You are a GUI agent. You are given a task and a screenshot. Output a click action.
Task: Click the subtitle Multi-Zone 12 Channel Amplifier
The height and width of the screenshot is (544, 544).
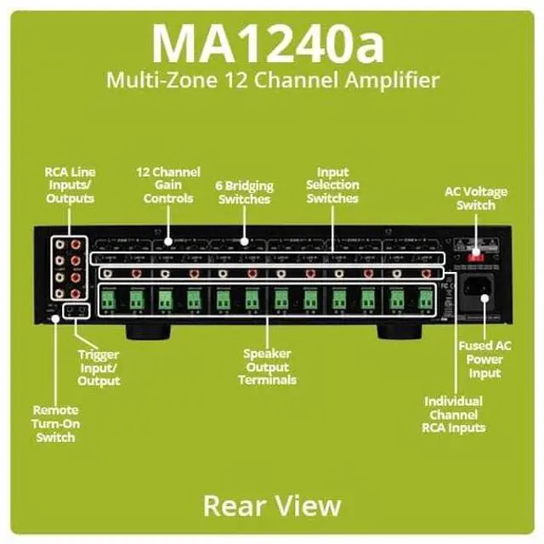click(272, 81)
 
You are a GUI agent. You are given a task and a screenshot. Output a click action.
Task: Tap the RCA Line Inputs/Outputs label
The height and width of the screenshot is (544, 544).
click(70, 185)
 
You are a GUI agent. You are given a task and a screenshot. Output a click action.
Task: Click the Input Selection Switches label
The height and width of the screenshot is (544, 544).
click(332, 185)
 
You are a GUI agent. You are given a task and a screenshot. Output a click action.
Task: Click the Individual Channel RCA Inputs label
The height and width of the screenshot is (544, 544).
click(453, 414)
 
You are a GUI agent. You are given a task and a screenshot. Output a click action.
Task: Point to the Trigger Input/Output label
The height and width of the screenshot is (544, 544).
click(99, 366)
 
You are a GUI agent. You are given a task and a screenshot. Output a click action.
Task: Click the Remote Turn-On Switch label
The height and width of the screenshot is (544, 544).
click(55, 422)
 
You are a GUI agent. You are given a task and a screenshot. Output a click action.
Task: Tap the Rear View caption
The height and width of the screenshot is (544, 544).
click(272, 505)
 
